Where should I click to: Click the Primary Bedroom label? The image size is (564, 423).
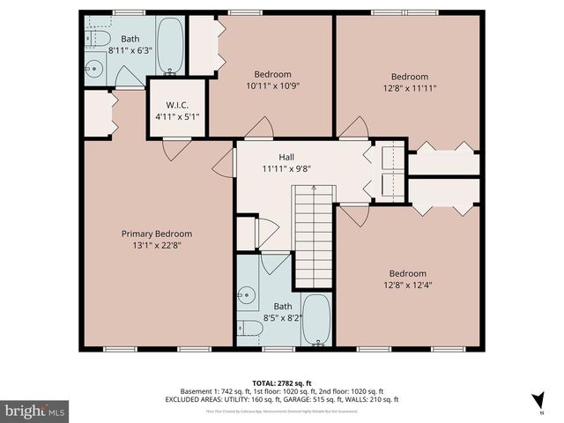[x=156, y=234]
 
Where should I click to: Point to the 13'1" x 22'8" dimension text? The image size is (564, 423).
[x=156, y=246]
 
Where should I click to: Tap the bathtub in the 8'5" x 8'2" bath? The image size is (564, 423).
[x=315, y=322]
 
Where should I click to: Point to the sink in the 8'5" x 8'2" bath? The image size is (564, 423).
[x=248, y=294]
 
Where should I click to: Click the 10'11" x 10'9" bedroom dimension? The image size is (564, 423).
[x=272, y=86]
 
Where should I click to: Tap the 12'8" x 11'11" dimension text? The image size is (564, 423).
[x=410, y=88]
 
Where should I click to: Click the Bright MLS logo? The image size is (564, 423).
[x=35, y=411]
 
